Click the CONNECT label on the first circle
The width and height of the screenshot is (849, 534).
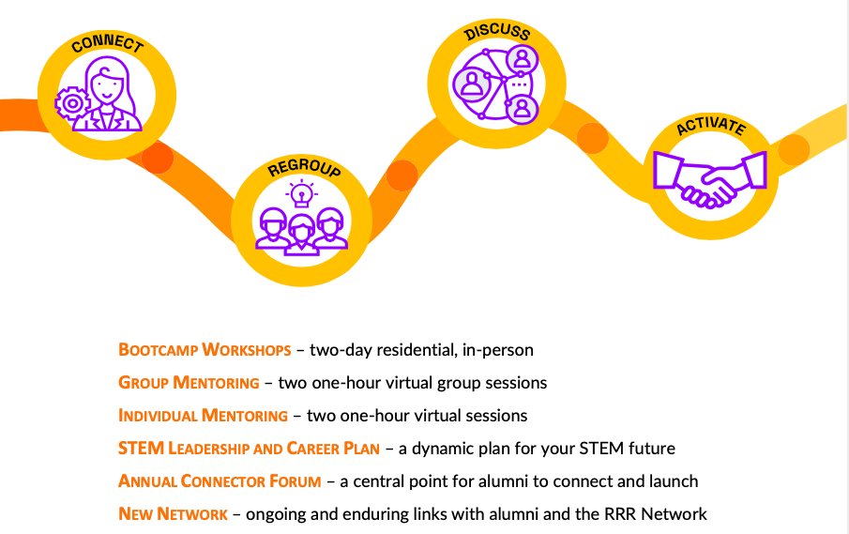click(107, 45)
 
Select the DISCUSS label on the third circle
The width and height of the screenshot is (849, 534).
click(497, 34)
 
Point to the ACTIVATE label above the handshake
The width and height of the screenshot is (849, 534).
click(710, 128)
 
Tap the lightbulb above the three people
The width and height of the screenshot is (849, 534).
click(302, 194)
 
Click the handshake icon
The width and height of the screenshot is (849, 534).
click(708, 181)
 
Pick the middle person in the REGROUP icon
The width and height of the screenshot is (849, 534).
click(302, 233)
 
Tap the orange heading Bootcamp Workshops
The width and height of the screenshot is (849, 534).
click(205, 350)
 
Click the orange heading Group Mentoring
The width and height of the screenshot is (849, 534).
click(189, 383)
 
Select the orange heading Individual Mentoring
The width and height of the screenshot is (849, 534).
click(203, 415)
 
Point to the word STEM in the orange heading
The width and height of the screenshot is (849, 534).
click(137, 449)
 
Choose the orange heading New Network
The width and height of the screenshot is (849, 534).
click(173, 514)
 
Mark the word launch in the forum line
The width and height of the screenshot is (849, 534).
click(674, 481)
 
